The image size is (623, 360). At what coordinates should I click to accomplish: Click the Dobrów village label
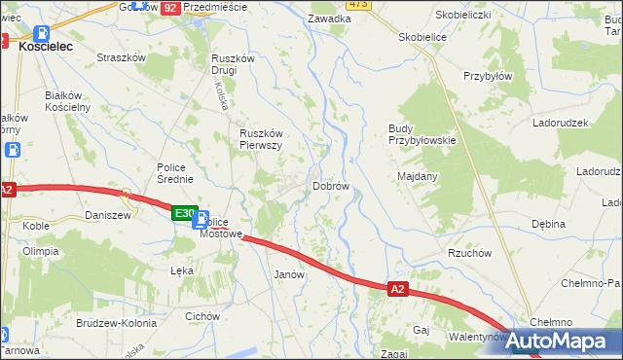coord(330,186)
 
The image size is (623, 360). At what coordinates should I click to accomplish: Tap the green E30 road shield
coord(184,212)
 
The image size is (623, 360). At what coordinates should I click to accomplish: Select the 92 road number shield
coord(170,6)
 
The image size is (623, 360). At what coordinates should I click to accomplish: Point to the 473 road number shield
coord(358,4)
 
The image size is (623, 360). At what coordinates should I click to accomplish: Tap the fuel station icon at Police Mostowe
coord(199,221)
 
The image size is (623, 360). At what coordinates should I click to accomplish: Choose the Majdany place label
coord(418,176)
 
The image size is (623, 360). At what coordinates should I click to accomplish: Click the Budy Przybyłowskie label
coord(421,134)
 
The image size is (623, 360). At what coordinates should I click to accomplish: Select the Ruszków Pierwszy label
coord(261,139)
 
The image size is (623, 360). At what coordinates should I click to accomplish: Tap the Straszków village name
coord(121,57)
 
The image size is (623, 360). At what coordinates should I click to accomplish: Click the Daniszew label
coord(107,215)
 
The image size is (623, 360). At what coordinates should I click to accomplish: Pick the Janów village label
coord(290,274)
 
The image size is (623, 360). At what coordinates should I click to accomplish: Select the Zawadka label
coord(328,18)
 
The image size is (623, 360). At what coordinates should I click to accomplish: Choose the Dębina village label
coord(548,224)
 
